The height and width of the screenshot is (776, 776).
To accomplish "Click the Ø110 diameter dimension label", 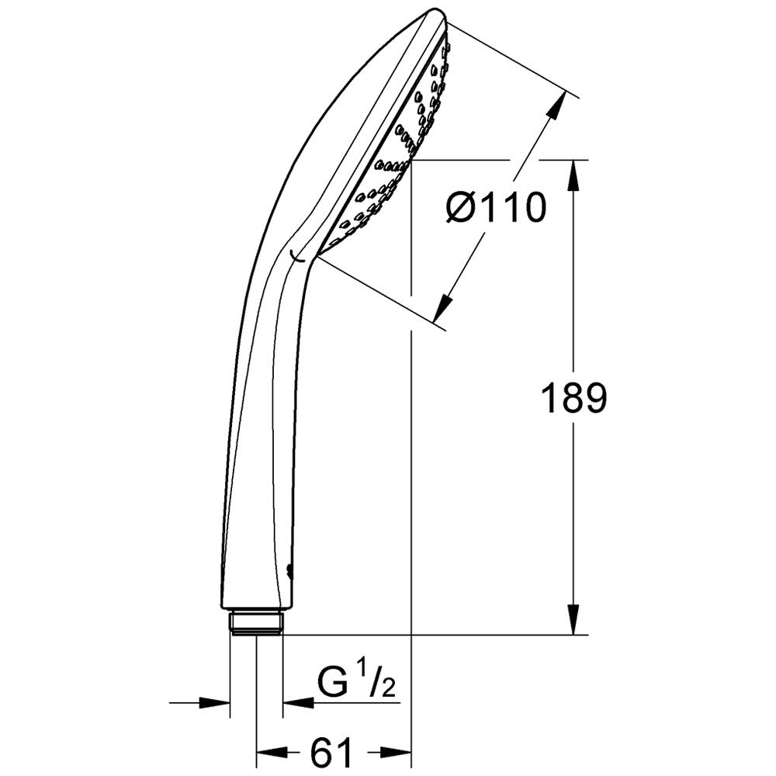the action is click(x=495, y=208).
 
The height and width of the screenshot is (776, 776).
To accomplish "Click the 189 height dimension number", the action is click(x=574, y=398).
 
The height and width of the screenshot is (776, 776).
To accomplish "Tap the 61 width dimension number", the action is click(x=331, y=753).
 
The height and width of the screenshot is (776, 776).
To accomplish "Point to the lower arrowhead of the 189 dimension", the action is click(x=574, y=619).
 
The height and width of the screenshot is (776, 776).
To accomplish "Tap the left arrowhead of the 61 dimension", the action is click(x=272, y=752).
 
